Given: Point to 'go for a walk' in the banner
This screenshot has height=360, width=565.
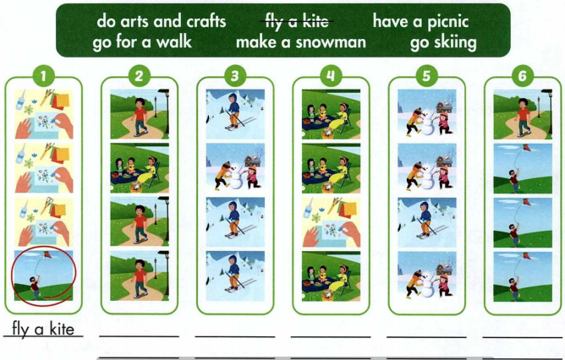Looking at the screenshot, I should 145,41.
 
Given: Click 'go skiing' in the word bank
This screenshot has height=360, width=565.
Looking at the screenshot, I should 443,41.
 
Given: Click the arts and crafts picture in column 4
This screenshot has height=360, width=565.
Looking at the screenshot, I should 331,221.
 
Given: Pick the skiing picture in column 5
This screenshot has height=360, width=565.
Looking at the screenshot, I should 426,221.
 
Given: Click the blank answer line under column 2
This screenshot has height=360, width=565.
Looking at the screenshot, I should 139,335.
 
